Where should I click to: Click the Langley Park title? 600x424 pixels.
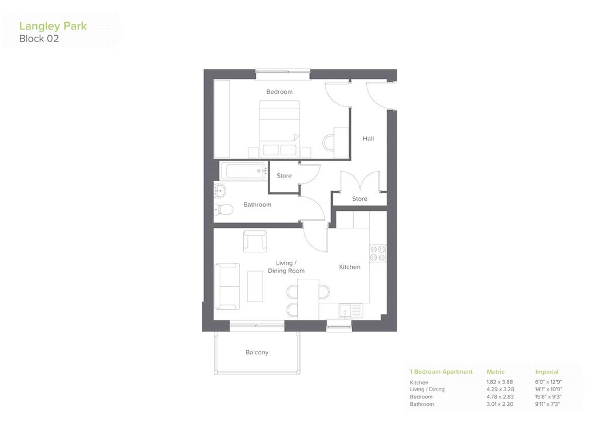coord(53,26)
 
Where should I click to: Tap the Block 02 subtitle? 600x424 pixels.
coord(39,39)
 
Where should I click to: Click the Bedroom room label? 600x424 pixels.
coord(279,92)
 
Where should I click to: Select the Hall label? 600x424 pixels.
coord(368,139)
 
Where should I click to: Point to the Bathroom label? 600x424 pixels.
coord(257,205)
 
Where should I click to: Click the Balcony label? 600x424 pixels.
coord(257,353)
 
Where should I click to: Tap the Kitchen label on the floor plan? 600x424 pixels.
coord(350,267)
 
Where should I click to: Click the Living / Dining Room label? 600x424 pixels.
coord(286,267)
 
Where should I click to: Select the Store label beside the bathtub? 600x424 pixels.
coord(284,176)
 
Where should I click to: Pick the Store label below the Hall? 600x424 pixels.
coord(360,199)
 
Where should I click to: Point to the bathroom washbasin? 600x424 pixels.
coord(220,190)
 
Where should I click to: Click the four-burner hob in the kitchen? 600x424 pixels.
coord(377,252)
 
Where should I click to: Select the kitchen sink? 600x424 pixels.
coord(351,311)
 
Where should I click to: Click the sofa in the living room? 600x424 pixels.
coord(227,286)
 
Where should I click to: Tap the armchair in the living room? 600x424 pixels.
coord(255,241)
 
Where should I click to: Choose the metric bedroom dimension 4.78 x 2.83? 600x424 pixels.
coord(499,397)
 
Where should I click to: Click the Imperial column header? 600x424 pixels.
coord(547,372)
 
